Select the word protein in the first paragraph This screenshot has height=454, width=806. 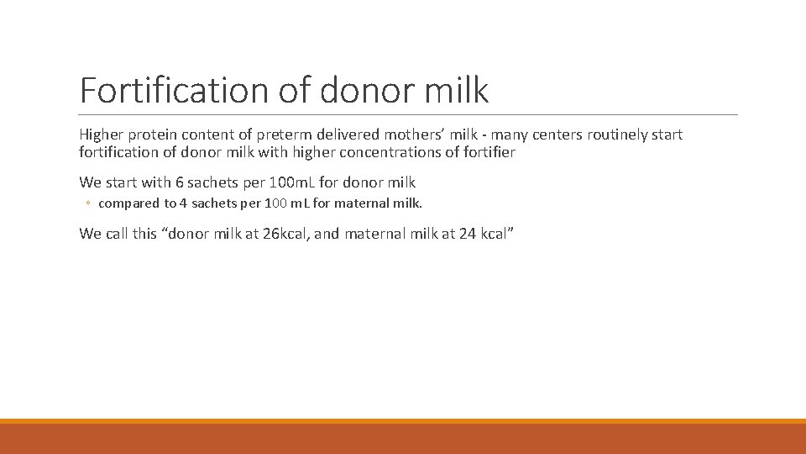(x=151, y=135)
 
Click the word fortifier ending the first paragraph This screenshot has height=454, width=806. (x=487, y=153)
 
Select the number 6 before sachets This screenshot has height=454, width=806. (x=180, y=182)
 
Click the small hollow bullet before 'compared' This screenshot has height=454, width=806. (x=89, y=203)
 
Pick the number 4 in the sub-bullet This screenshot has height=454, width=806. (x=183, y=203)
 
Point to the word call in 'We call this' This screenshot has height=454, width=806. (x=117, y=234)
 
